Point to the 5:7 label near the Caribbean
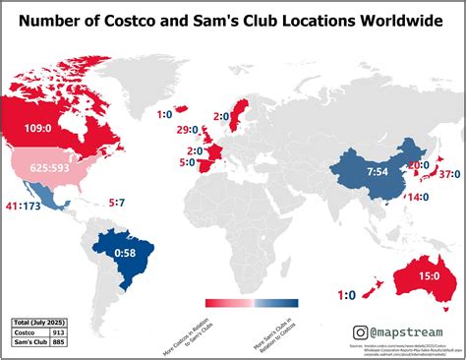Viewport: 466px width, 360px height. (x=116, y=203)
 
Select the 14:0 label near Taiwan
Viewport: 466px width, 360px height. (x=417, y=197)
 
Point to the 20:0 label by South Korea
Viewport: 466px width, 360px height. (x=418, y=166)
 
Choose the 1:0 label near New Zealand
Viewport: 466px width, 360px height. (x=346, y=294)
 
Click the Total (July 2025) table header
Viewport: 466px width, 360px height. (x=37, y=323)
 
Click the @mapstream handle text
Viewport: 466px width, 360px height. (x=405, y=334)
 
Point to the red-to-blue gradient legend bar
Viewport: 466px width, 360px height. (x=253, y=304)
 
